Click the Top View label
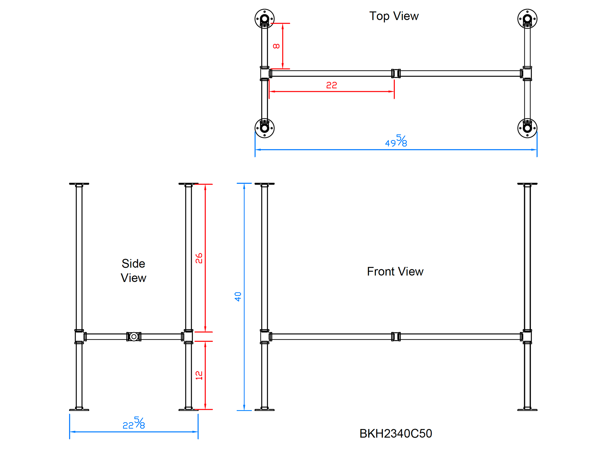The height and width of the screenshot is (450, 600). [394, 16]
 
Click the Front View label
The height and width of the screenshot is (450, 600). [395, 271]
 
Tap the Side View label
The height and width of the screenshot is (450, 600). [133, 271]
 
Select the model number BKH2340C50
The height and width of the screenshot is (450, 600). [396, 433]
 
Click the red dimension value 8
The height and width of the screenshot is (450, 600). [276, 46]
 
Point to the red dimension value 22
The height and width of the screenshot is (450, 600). [331, 85]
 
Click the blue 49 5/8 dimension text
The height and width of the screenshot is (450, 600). [396, 141]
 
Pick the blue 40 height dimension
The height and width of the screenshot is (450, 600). [238, 296]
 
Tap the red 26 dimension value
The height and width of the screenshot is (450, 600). [199, 258]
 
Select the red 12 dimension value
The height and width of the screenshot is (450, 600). [199, 375]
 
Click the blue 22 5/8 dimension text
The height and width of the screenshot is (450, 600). [134, 423]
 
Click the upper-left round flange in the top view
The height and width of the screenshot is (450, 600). [264, 19]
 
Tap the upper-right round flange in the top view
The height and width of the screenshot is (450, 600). [527, 19]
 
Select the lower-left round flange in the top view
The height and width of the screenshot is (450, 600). [264, 128]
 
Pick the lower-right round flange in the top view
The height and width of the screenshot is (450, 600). [527, 128]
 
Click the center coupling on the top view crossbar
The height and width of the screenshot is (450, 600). [396, 73]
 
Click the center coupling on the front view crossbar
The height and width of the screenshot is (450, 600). [396, 337]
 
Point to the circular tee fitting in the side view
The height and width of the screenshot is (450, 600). [134, 337]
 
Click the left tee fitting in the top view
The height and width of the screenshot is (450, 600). [265, 73]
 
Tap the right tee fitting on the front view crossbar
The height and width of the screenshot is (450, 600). [526, 337]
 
